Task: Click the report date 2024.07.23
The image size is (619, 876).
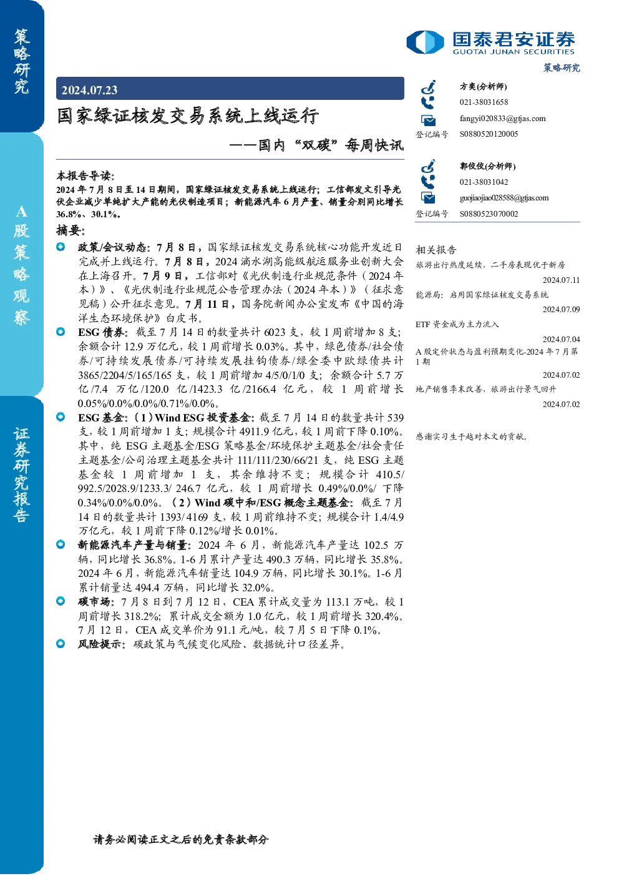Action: pyautogui.click(x=89, y=91)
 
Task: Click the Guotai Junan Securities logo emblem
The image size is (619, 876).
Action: pyautogui.click(x=425, y=42)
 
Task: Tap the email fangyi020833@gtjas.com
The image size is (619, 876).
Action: pyautogui.click(x=502, y=119)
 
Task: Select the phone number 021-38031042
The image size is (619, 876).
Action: pyautogui.click(x=484, y=182)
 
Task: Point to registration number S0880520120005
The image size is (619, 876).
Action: pyautogui.click(x=489, y=134)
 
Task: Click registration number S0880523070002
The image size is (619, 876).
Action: pyautogui.click(x=489, y=214)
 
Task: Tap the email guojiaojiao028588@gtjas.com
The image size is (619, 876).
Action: pyautogui.click(x=504, y=198)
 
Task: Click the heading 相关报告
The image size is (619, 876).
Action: pyautogui.click(x=436, y=250)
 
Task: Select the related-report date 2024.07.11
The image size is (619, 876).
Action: pyautogui.click(x=561, y=280)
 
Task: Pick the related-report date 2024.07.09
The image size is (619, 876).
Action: pyautogui.click(x=561, y=309)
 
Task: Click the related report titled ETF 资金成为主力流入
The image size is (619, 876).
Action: pyautogui.click(x=457, y=324)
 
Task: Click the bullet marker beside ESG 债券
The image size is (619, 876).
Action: pyautogui.click(x=61, y=332)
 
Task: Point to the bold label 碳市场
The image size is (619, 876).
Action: pyautogui.click(x=94, y=602)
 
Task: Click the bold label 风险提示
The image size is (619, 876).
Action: pyautogui.click(x=100, y=644)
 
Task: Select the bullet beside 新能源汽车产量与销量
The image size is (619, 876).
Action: pyautogui.click(x=61, y=544)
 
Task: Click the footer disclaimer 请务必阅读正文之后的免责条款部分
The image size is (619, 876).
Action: pyautogui.click(x=181, y=839)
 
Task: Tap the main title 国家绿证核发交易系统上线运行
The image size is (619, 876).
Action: pyautogui.click(x=188, y=116)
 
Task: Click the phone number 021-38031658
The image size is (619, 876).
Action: pyautogui.click(x=484, y=102)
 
